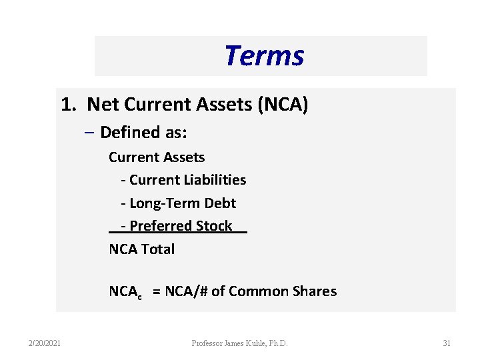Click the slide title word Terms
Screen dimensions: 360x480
pyautogui.click(x=264, y=56)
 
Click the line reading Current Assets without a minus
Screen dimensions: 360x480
pyautogui.click(x=157, y=157)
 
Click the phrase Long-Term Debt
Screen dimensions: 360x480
pyautogui.click(x=183, y=203)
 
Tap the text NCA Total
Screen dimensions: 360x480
pyautogui.click(x=141, y=249)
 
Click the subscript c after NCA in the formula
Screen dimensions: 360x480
pyautogui.click(x=139, y=295)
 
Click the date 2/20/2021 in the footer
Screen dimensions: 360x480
pyautogui.click(x=45, y=343)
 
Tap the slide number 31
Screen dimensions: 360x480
pyautogui.click(x=447, y=343)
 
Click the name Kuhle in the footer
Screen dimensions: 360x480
pyautogui.click(x=257, y=343)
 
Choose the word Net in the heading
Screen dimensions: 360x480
pyautogui.click(x=102, y=105)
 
